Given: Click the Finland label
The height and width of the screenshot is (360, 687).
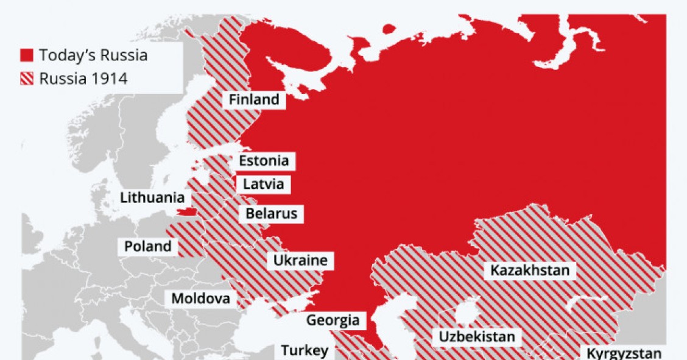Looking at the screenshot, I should (254, 99).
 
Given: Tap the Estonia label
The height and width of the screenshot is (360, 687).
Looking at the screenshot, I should (263, 161).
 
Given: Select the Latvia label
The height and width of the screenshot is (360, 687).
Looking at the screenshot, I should (263, 184).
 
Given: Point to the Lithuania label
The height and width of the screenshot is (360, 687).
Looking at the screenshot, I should (152, 198).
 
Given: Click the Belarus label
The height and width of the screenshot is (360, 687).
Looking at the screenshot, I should (272, 214).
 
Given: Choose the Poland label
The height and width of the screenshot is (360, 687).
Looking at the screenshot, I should (148, 247).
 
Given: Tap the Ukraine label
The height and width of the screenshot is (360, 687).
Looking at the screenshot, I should (300, 261).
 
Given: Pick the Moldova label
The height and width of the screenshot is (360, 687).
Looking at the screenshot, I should (200, 298).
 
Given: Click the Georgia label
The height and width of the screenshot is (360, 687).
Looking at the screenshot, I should (333, 320).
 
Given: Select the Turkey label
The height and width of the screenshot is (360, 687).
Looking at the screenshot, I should (304, 350).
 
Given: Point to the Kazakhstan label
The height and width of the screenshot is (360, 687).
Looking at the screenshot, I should (530, 270).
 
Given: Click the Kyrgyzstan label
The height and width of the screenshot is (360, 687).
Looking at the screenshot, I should (624, 353).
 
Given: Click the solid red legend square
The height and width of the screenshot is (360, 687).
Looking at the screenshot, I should (27, 56).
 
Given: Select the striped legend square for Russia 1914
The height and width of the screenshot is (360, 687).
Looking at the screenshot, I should (27, 79).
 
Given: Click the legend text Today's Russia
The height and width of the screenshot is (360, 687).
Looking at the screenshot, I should (93, 55).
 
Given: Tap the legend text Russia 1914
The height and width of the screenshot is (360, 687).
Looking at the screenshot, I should (83, 79).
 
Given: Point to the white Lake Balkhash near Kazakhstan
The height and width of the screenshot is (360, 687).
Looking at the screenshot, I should (588, 302).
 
